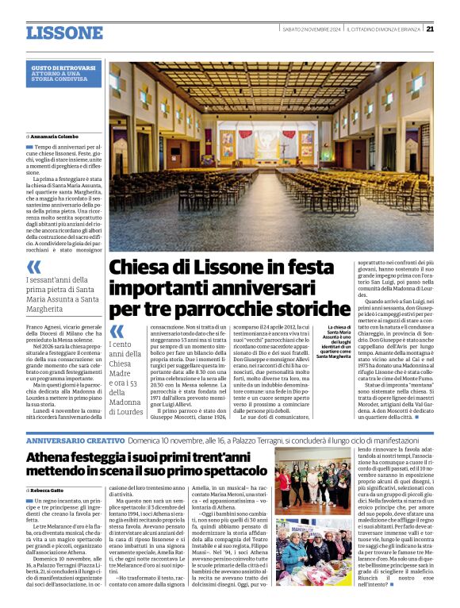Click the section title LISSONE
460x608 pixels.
[x=64, y=33]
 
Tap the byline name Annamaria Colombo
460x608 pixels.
[x=57, y=137]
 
